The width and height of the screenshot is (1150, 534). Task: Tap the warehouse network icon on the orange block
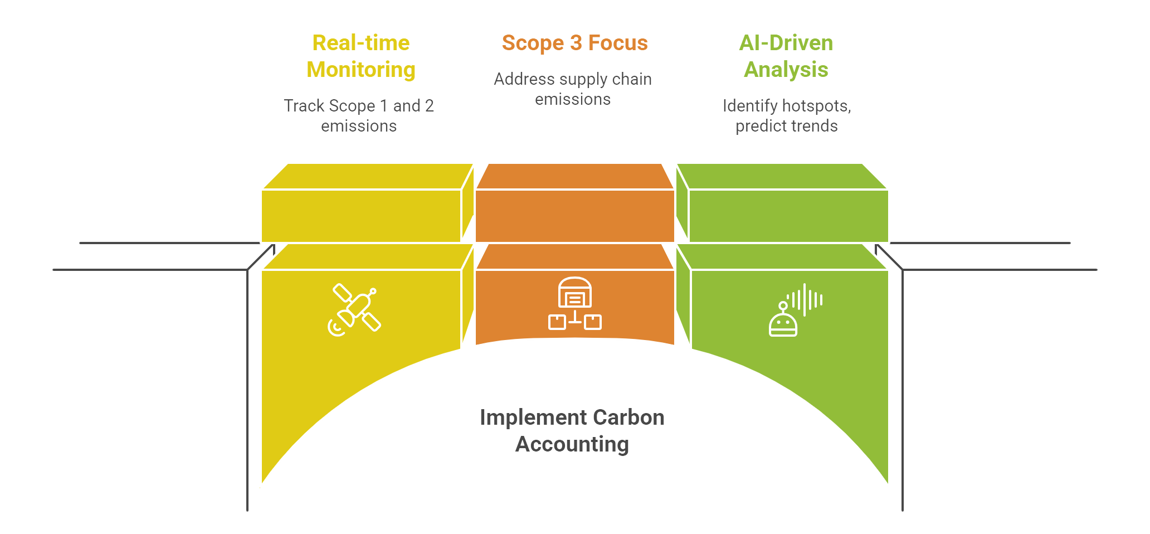click(x=574, y=304)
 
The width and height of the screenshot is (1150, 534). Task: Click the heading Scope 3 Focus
click(x=574, y=43)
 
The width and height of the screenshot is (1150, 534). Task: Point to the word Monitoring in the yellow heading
click(x=361, y=70)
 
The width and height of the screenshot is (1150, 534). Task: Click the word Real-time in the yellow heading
click(x=361, y=43)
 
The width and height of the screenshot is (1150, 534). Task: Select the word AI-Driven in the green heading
click(x=786, y=43)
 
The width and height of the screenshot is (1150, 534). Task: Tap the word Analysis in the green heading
click(x=786, y=70)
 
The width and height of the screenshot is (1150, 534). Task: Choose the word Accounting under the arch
click(x=572, y=444)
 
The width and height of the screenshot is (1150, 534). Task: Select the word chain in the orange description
click(x=632, y=79)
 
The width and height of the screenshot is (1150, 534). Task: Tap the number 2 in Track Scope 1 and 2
click(x=429, y=106)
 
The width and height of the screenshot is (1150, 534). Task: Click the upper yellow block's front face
click(x=361, y=216)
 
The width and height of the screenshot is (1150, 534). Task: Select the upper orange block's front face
click(x=574, y=216)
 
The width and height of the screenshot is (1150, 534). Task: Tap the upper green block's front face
click(x=788, y=216)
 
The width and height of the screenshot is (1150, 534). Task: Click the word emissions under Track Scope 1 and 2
click(x=359, y=126)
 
